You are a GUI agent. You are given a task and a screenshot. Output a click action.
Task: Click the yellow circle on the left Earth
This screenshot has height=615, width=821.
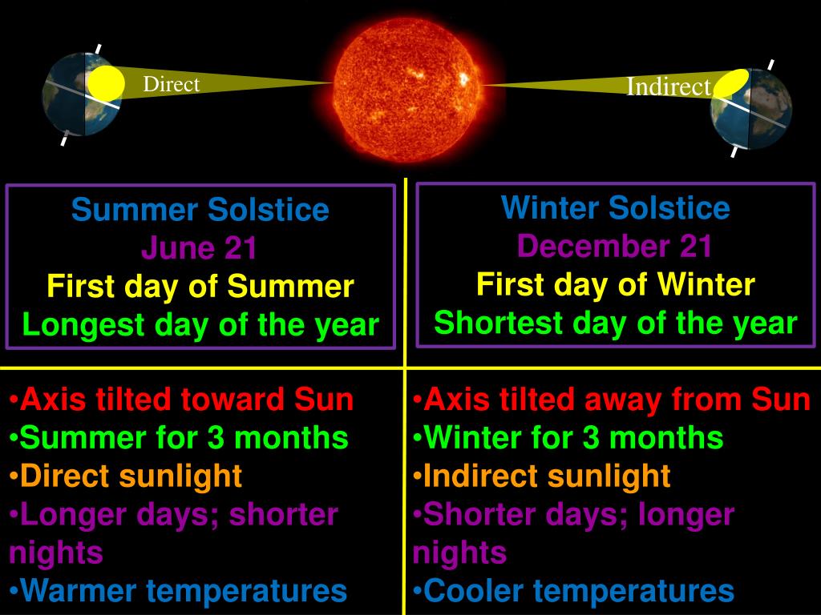pyautogui.click(x=107, y=84)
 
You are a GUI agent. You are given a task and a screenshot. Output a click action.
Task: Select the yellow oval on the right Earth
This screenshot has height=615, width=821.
pyautogui.click(x=730, y=82)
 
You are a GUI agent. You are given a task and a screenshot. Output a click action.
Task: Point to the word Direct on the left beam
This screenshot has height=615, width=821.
pyautogui.click(x=171, y=84)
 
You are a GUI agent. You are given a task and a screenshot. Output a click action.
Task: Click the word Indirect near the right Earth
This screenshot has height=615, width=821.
pyautogui.click(x=668, y=86)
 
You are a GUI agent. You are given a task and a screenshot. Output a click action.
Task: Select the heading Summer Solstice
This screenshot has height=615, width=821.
pyautogui.click(x=200, y=211)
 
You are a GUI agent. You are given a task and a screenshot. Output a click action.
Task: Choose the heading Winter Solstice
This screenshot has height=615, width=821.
pyautogui.click(x=615, y=208)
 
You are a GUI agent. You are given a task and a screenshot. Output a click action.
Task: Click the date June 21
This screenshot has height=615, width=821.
pyautogui.click(x=200, y=249)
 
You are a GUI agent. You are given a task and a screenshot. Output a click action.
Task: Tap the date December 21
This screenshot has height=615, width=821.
pyautogui.click(x=615, y=247)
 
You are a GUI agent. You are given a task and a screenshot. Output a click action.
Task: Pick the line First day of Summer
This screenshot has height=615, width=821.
pyautogui.click(x=200, y=287)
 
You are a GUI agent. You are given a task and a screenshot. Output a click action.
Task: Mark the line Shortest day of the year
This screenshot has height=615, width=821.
pyautogui.click(x=615, y=323)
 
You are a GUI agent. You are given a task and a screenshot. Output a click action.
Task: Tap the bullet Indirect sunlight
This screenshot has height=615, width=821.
pyautogui.click(x=545, y=476)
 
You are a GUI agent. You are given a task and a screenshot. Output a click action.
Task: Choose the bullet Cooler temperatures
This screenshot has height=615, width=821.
pyautogui.click(x=577, y=591)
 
